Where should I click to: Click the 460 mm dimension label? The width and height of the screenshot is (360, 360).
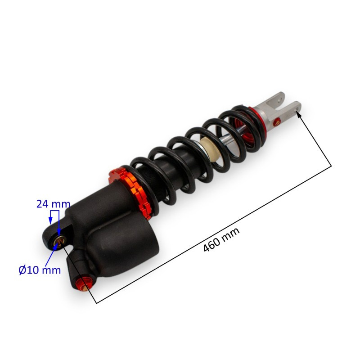[x=221, y=240]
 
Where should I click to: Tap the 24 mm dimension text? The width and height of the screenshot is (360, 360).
[x=53, y=204]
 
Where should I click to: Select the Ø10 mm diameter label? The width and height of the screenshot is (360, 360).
[x=40, y=270]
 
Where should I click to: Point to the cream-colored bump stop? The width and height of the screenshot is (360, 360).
[x=208, y=149]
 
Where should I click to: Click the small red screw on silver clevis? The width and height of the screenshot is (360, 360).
[x=277, y=121]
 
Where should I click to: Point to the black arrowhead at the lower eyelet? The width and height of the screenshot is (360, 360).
[x=64, y=245]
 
